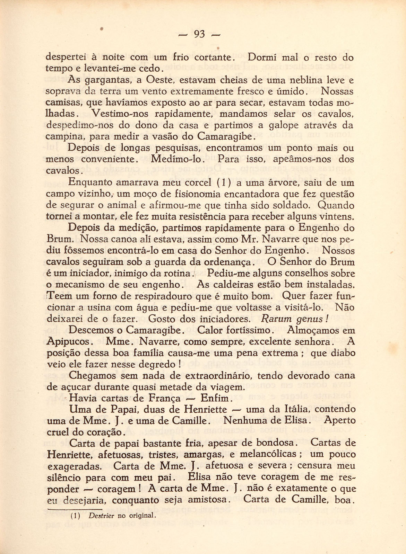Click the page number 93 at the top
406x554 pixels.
200,34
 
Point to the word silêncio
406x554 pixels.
65,477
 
